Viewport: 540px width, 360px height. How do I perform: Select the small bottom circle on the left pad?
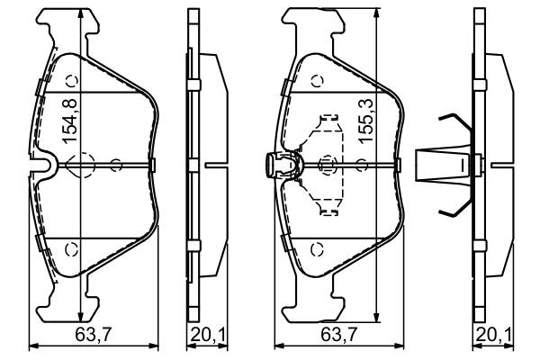(x=73, y=248)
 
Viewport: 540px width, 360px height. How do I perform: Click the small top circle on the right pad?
(x=316, y=80)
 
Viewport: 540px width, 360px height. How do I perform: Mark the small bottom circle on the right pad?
(x=316, y=248)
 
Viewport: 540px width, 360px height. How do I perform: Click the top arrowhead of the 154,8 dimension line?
(x=81, y=11)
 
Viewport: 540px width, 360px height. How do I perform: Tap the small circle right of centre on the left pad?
(x=115, y=165)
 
